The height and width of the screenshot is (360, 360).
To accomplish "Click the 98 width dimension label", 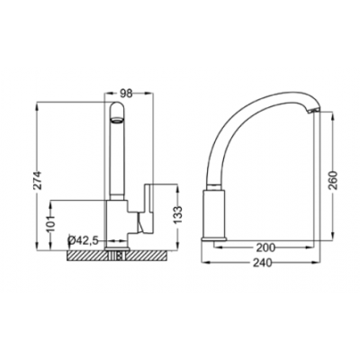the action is point(126,94).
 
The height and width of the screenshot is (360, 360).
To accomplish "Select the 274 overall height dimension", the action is point(38,180).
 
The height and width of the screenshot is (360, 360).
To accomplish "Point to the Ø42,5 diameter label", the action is point(84,240).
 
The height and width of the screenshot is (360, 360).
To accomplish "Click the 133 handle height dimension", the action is point(178,215).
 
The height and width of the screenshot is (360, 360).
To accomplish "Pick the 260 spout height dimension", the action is point(333,180).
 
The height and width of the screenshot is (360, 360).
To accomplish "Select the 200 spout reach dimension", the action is point(265,247).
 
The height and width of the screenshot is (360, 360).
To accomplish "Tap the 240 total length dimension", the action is point(263,263).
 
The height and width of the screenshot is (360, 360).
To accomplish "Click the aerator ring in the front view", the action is point(117,121).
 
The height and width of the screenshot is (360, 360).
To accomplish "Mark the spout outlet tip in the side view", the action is point(313,111).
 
